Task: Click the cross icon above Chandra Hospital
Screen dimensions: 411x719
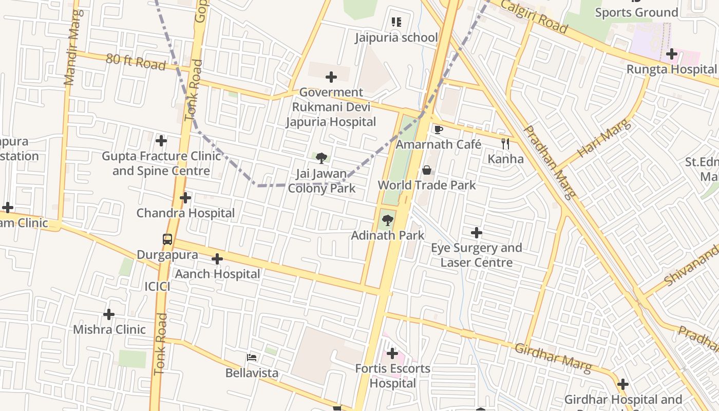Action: point(185,198)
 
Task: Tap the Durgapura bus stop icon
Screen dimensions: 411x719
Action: point(167,239)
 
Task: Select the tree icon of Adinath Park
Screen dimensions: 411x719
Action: point(387,220)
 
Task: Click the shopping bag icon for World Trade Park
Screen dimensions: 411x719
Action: point(426,170)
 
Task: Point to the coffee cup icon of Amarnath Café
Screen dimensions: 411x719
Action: point(438,129)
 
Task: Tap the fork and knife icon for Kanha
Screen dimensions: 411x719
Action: point(505,144)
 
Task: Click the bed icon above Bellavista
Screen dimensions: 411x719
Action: point(252,358)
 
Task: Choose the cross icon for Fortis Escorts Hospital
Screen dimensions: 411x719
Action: point(392,353)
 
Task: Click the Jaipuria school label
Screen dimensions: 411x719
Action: point(396,38)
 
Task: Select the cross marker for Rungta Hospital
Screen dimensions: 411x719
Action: point(672,54)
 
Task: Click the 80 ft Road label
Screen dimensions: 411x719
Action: point(136,62)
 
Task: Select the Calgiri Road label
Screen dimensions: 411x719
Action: point(534,16)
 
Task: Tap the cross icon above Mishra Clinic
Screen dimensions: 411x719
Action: point(109,314)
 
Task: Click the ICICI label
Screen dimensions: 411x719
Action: point(157,287)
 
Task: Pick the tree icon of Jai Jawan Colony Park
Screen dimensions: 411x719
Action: point(321,158)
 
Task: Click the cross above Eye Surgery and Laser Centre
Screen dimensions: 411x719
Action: point(477,233)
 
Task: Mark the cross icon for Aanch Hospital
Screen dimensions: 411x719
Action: point(217,259)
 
